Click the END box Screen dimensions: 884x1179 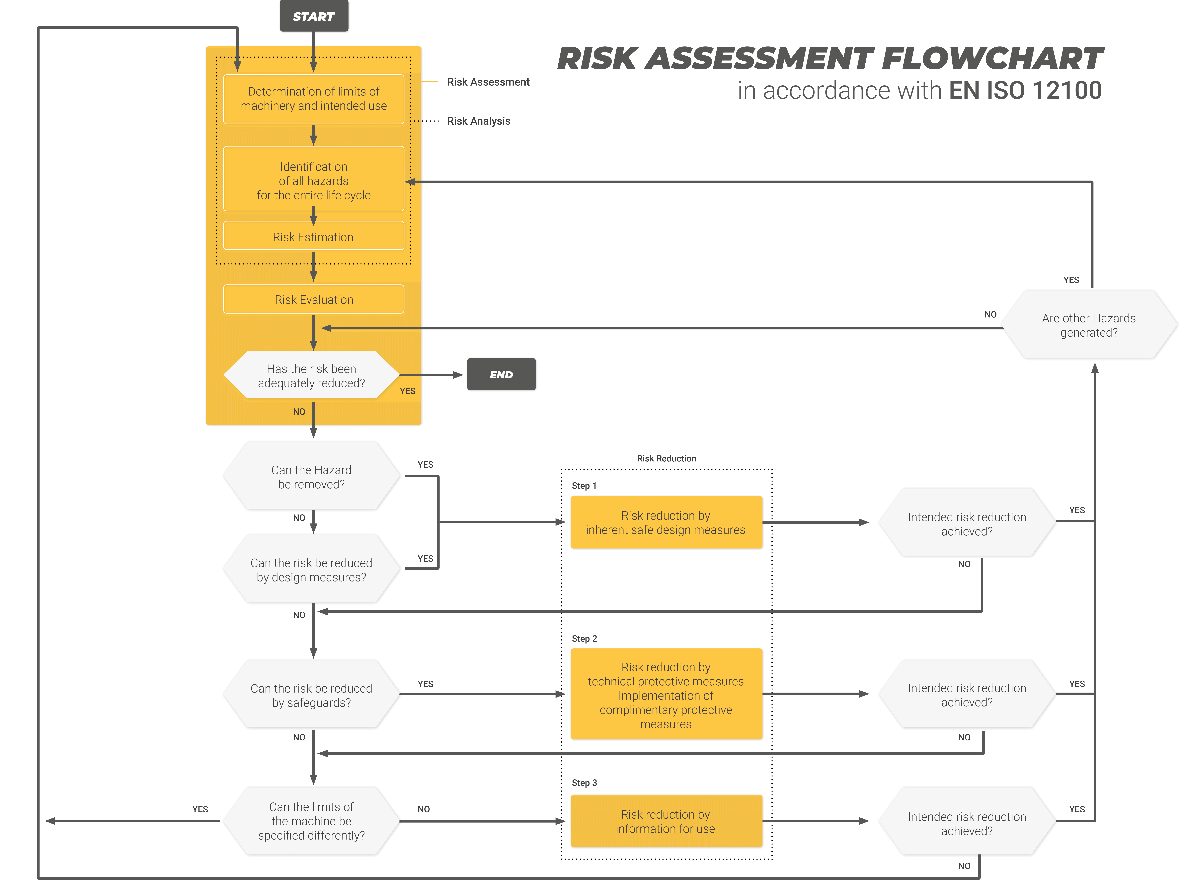pyautogui.click(x=501, y=374)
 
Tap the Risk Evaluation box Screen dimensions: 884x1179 pyautogui.click(x=313, y=300)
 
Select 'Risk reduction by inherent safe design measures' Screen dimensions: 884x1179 pyautogui.click(x=666, y=522)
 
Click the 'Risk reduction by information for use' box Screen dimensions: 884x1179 pyautogui.click(x=666, y=821)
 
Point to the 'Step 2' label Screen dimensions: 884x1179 pyautogui.click(x=584, y=638)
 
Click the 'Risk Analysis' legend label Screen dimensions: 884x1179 pyautogui.click(x=478, y=121)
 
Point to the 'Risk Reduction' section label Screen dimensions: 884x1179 pyautogui.click(x=666, y=458)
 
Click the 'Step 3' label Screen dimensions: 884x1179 pyautogui.click(x=584, y=782)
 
